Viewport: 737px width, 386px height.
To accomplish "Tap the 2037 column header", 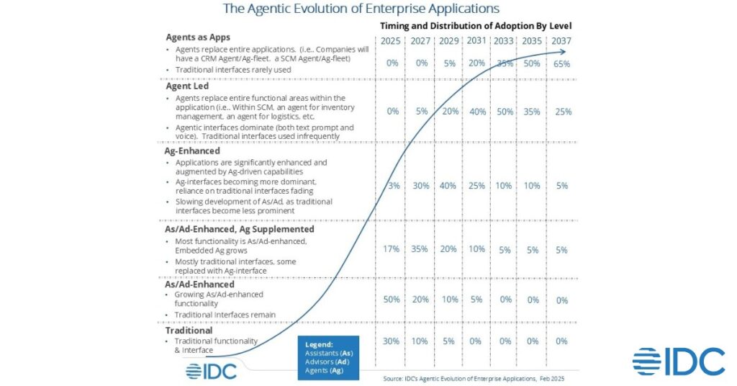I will (561, 41).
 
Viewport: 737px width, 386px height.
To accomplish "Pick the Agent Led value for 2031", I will (476, 112).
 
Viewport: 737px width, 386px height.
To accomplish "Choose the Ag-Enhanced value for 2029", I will (448, 187).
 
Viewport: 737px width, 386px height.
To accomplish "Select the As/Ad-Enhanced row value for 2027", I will (420, 300).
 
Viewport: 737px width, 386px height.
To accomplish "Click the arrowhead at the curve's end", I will (570, 52).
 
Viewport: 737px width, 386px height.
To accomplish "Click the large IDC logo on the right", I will (679, 362).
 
